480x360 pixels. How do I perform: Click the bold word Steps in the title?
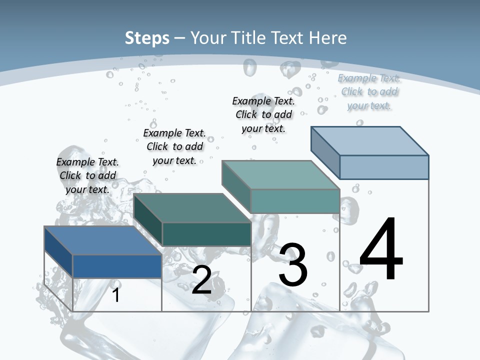point(147,38)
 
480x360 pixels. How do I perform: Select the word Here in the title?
point(328,38)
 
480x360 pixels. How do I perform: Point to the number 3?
point(293,265)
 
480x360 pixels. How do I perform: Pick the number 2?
point(202,280)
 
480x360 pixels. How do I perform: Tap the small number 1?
point(116,295)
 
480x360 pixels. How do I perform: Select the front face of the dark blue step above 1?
point(117,266)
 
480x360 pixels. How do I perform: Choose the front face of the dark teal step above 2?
point(206,234)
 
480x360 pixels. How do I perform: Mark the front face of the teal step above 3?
point(295,201)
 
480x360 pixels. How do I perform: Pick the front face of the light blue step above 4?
point(384,167)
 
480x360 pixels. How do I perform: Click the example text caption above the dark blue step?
point(87,175)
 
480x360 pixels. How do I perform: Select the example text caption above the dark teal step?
point(174,146)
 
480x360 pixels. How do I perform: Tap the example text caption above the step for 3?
point(263,114)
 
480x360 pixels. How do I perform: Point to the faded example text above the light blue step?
point(369,91)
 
